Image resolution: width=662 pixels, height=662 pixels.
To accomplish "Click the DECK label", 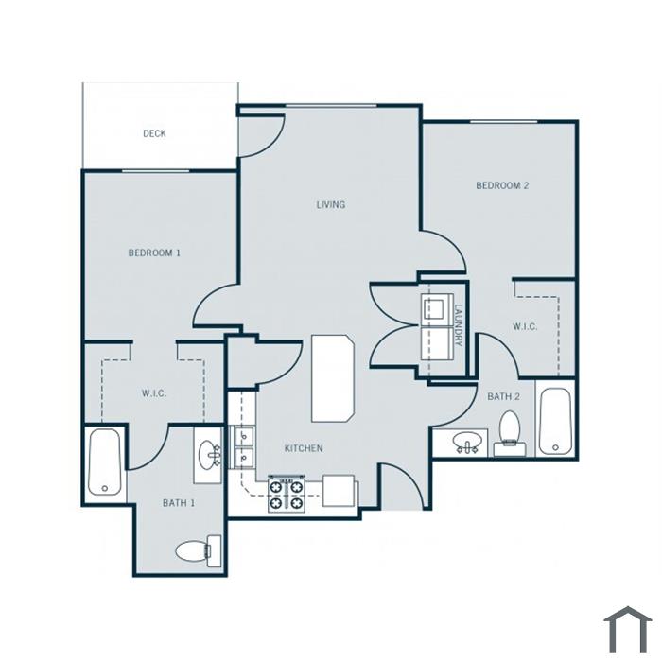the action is [154, 133].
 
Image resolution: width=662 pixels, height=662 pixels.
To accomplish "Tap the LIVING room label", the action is [331, 205].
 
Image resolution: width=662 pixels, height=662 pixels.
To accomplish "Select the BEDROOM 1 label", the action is [154, 253].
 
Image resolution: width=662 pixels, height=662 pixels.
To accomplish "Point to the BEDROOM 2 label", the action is [502, 185].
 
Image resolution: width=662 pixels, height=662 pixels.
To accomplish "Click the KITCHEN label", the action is [304, 448].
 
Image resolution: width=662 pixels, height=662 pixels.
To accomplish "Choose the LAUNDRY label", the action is [459, 325].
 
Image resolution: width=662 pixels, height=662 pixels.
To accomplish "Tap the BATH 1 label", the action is [179, 503].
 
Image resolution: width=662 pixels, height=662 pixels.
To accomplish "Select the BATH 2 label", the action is [503, 396].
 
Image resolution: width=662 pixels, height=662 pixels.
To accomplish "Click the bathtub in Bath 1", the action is [105, 462].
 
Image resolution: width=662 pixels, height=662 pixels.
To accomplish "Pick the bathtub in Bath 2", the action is [555, 421].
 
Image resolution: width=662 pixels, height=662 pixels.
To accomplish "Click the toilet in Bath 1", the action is [199, 551].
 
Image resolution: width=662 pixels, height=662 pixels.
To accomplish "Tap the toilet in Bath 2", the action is [510, 433].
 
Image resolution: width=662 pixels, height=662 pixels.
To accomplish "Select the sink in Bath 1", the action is [208, 455].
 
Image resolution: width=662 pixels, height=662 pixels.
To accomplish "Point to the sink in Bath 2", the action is [467, 443].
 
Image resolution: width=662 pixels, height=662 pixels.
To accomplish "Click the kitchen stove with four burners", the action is [287, 496].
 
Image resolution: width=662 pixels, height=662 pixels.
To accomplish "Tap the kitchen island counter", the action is [333, 378].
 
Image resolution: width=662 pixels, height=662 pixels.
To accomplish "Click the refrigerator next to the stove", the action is [339, 491].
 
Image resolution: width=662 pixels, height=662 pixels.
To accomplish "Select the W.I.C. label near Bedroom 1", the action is [154, 393].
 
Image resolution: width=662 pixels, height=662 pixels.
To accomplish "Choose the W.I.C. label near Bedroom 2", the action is [525, 326].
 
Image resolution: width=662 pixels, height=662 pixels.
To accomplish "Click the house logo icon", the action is [628, 629].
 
